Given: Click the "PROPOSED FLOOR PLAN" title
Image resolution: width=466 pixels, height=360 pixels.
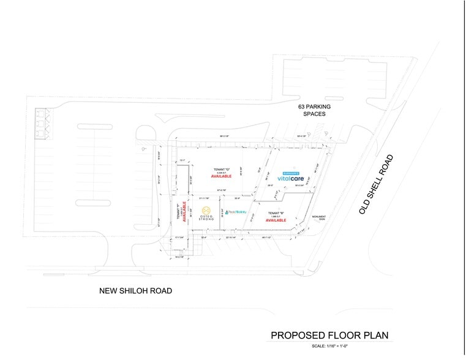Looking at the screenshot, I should (330, 335).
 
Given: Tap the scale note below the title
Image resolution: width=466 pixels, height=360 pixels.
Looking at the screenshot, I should (330, 347).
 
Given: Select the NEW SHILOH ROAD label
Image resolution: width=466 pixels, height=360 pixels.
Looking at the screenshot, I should (135, 291).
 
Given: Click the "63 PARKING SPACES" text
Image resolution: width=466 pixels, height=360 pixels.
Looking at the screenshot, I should (314, 110).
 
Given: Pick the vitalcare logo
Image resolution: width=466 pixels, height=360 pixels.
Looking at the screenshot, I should (292, 178).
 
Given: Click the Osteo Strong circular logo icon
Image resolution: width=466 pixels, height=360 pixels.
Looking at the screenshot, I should (206, 209).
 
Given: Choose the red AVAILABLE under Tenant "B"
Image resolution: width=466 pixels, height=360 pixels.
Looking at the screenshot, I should (276, 220).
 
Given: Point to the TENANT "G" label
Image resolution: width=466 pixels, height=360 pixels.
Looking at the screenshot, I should (221, 169).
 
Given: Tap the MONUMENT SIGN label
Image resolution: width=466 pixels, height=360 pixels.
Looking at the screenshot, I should (319, 218).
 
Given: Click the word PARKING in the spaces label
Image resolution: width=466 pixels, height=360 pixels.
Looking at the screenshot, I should (318, 107).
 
